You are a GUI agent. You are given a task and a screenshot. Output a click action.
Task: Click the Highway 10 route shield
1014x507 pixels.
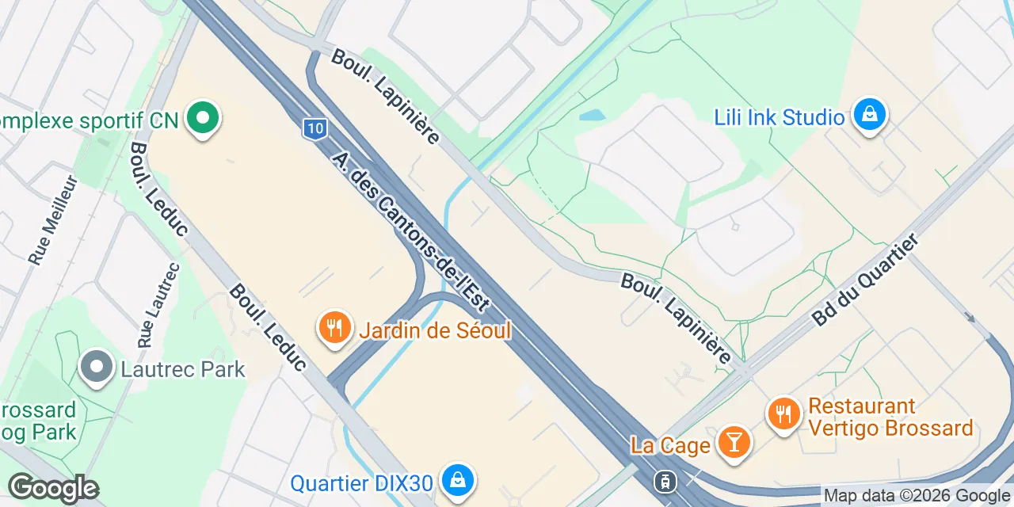click(x=314, y=128)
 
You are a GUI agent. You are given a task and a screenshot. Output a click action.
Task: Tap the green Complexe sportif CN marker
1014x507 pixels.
click(x=203, y=119)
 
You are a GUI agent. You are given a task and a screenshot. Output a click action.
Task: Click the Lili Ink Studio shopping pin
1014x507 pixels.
click(x=870, y=116)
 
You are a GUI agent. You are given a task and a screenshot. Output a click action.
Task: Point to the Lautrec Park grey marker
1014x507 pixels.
click(x=97, y=368)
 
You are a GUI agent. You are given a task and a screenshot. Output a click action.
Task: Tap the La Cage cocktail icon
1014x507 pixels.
click(x=734, y=442)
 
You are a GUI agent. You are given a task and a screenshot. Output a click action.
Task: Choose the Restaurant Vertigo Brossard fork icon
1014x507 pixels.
click(x=783, y=413)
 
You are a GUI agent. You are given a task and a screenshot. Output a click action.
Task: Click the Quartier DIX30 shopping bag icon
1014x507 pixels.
click(x=458, y=480)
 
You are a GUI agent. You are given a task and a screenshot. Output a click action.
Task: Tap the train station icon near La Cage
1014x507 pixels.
click(x=665, y=480)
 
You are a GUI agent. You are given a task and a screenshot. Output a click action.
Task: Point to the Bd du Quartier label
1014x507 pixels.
click(x=865, y=279)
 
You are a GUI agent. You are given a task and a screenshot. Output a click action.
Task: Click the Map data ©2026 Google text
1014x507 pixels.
click(x=917, y=496)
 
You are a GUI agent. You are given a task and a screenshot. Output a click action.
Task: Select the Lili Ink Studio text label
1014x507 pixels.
click(x=780, y=118)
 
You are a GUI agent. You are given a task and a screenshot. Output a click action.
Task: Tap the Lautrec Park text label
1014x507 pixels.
click(x=183, y=369)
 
